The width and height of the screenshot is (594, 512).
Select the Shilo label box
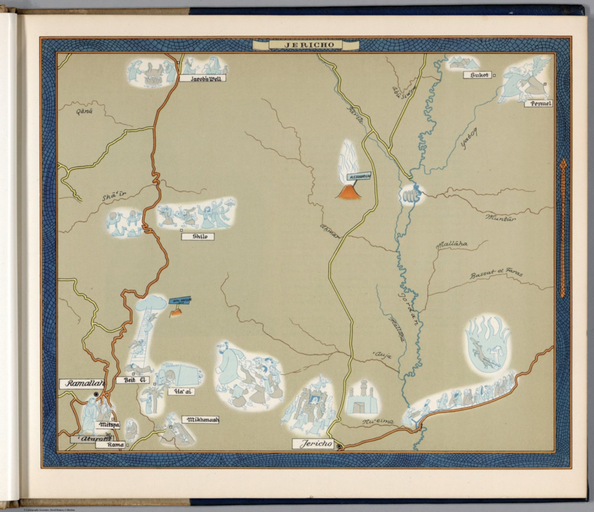pyautogui.click(x=198, y=236)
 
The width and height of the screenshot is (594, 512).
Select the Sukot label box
pyautogui.click(x=477, y=75)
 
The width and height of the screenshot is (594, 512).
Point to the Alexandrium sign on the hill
pyautogui.click(x=360, y=177)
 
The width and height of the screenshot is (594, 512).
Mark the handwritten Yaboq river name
pyautogui.click(x=469, y=138)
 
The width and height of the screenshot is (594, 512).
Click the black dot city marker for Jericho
pyautogui.click(x=339, y=447)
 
